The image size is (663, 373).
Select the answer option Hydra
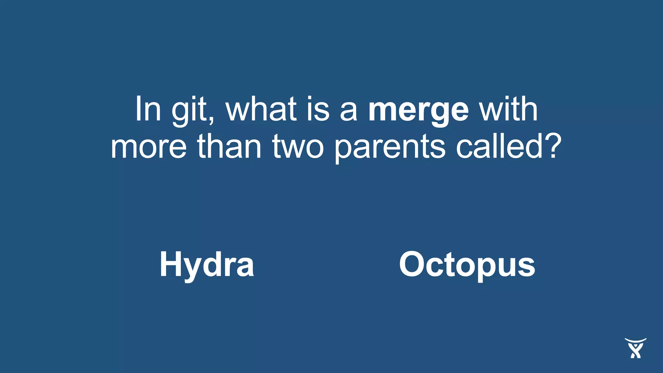[207, 265]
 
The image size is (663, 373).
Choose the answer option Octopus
[467, 265]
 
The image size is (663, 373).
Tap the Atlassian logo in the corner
[635, 348]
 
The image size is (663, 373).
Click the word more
[149, 147]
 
